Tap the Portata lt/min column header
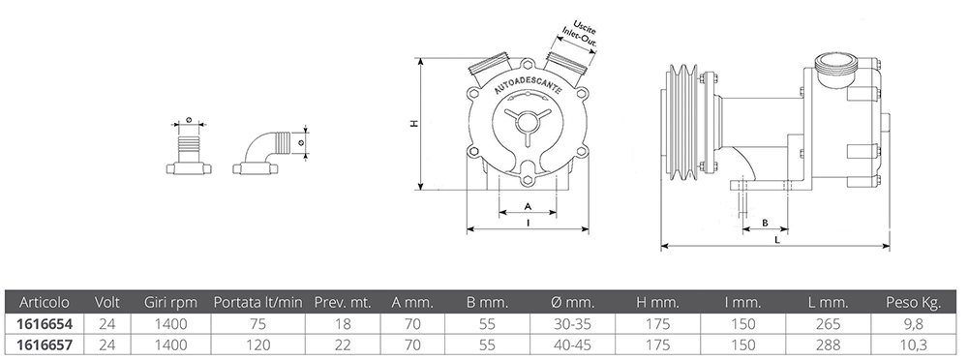(258, 303)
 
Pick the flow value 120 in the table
(258, 345)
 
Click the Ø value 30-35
(573, 323)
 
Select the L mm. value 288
(829, 345)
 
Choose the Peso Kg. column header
(914, 303)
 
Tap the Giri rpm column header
(171, 303)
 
